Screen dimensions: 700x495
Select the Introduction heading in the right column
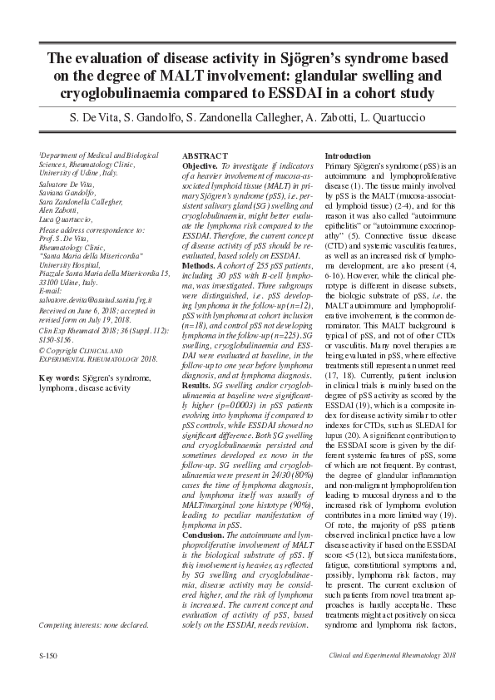(348, 156)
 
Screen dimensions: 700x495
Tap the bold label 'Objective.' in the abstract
(200, 166)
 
